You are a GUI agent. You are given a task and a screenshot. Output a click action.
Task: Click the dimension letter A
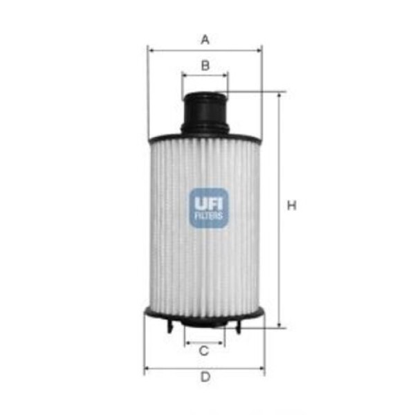[205, 40]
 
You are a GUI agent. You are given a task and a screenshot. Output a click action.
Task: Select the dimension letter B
[205, 66]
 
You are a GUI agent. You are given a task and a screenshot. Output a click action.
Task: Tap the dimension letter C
[204, 351]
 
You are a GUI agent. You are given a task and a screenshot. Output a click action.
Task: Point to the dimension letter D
[205, 377]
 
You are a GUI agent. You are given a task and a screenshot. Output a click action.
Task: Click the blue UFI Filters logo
[207, 207]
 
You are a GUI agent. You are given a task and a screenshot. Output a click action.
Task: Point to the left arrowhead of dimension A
[150, 50]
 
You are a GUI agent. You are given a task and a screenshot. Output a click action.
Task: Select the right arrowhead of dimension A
[259, 50]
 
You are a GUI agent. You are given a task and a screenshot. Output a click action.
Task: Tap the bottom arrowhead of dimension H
[279, 324]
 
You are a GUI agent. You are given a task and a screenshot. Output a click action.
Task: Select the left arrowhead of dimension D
[147, 367]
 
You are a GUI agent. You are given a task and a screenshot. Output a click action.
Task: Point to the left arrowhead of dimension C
[187, 341]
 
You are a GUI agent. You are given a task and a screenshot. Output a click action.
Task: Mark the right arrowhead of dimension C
[222, 341]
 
